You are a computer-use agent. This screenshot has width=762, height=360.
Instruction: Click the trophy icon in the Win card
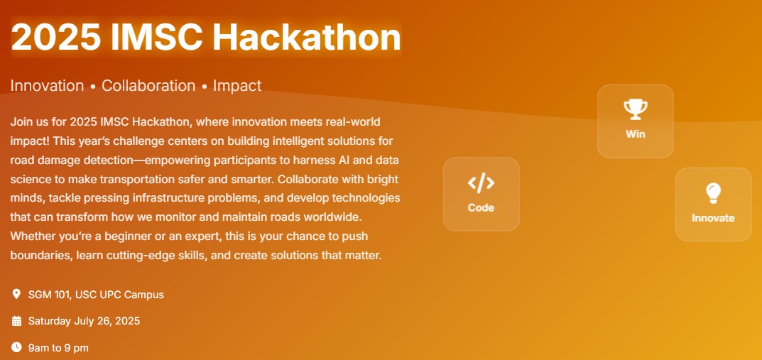click(x=635, y=109)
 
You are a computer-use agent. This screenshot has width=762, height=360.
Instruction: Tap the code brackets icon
click(x=481, y=183)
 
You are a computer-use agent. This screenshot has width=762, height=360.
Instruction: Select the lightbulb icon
click(x=713, y=193)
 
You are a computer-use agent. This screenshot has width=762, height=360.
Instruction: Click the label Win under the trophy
click(x=635, y=134)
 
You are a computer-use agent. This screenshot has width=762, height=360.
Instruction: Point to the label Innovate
click(x=713, y=218)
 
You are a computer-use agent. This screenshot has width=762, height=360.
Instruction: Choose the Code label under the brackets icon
click(x=481, y=207)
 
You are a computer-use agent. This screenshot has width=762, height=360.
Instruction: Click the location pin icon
click(x=16, y=294)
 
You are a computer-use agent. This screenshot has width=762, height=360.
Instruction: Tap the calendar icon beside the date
click(x=16, y=321)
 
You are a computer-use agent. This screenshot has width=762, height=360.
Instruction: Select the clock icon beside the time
click(x=16, y=347)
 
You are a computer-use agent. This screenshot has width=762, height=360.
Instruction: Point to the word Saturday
click(x=50, y=321)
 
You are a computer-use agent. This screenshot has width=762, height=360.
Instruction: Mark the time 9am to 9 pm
click(x=58, y=348)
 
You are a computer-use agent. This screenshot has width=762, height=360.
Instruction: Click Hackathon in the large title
click(x=307, y=37)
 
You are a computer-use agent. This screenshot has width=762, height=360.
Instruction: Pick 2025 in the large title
click(x=56, y=37)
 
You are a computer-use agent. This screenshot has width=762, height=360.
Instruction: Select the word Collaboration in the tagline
click(x=148, y=85)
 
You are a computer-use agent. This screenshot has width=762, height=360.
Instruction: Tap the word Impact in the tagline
click(x=237, y=86)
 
